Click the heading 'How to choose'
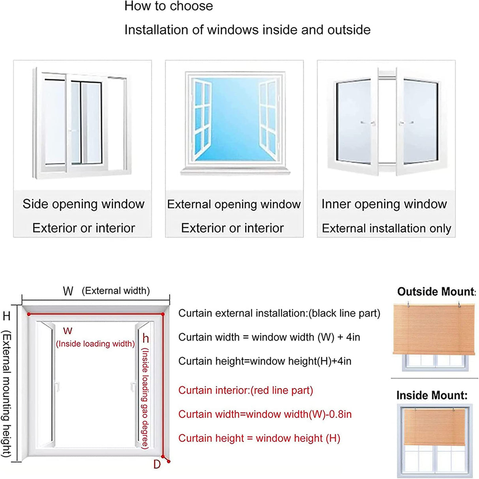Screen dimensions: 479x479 click(168, 6)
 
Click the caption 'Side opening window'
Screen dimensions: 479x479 click(83, 204)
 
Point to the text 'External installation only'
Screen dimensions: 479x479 click(386, 228)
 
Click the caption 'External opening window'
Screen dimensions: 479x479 click(234, 204)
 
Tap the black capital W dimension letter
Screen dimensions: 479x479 click(68, 291)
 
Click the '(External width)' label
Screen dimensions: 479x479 click(116, 291)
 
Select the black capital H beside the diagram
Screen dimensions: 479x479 click(7, 316)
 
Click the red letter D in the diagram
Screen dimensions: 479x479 click(157, 464)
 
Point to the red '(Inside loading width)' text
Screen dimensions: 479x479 click(95, 344)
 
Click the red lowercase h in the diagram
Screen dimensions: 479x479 click(146, 338)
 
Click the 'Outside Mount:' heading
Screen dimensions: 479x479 click(436, 292)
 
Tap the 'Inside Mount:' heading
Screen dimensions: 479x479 click(432, 395)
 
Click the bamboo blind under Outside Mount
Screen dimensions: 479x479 click(434, 329)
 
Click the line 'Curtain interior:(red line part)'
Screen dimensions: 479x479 click(245, 390)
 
